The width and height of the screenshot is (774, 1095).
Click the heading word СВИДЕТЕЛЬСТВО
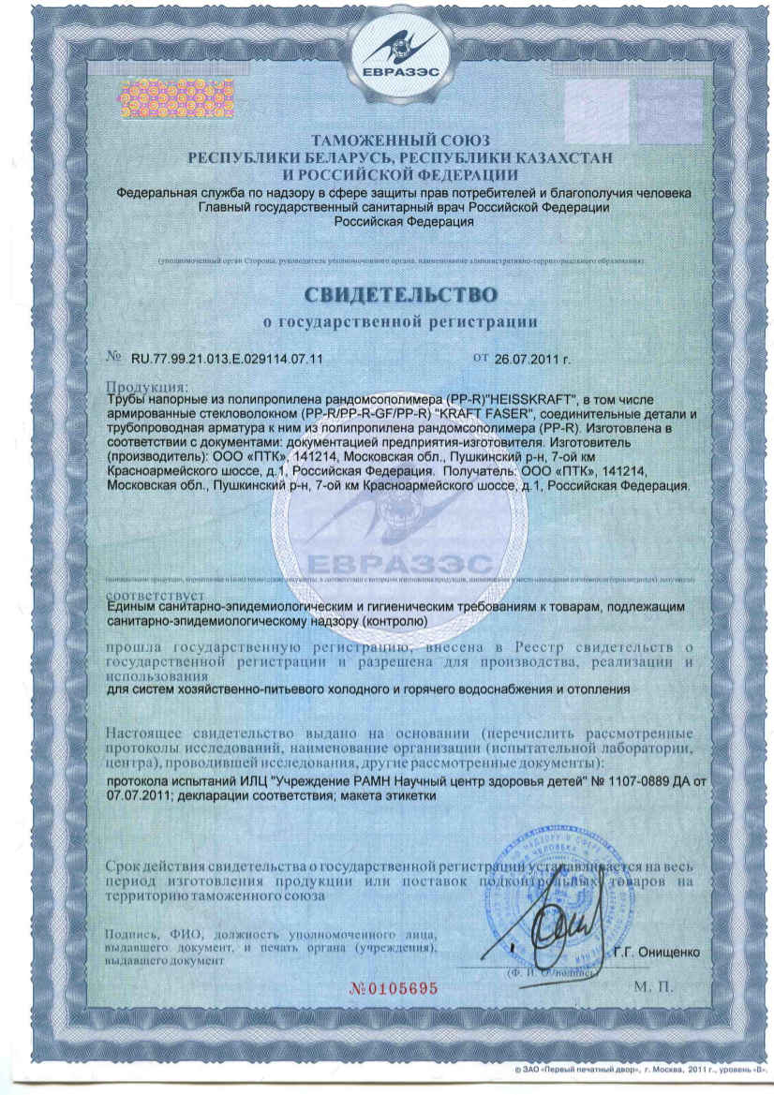400,294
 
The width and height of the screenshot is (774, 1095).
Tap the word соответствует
150,595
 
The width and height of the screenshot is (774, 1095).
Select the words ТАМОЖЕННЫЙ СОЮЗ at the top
386,141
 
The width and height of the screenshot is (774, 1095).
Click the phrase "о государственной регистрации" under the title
400,322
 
